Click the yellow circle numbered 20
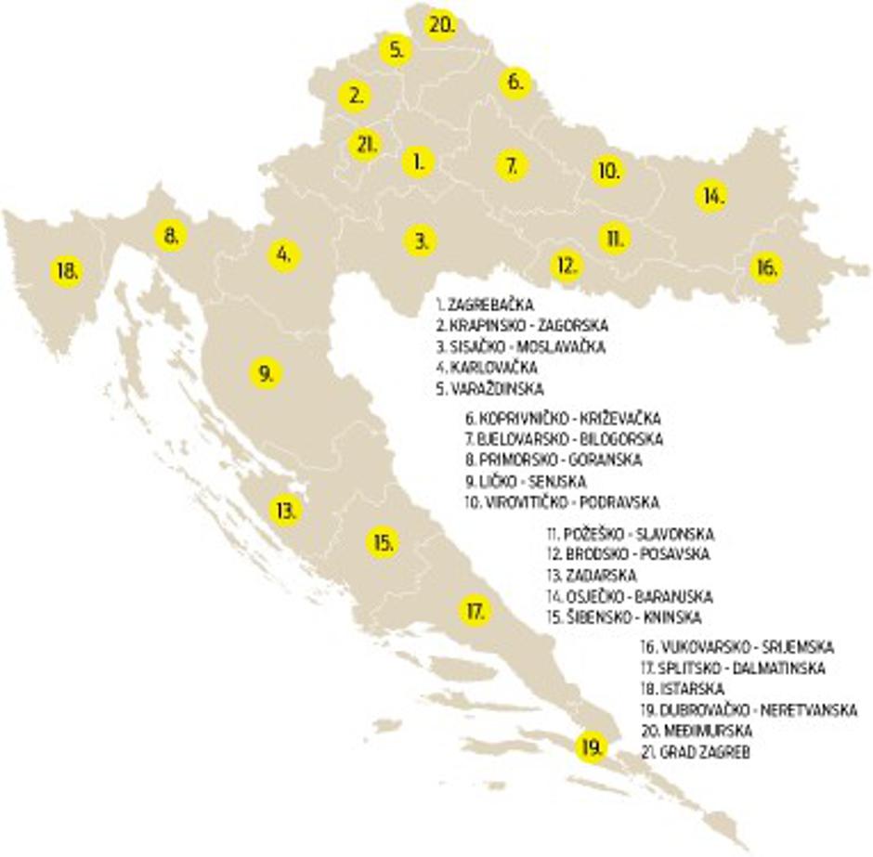[441, 24]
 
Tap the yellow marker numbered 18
[67, 272]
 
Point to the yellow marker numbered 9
[266, 373]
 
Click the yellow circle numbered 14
[711, 196]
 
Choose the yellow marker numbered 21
[365, 145]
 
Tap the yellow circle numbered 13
[285, 510]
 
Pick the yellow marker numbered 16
[766, 268]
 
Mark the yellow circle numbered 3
[421, 241]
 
